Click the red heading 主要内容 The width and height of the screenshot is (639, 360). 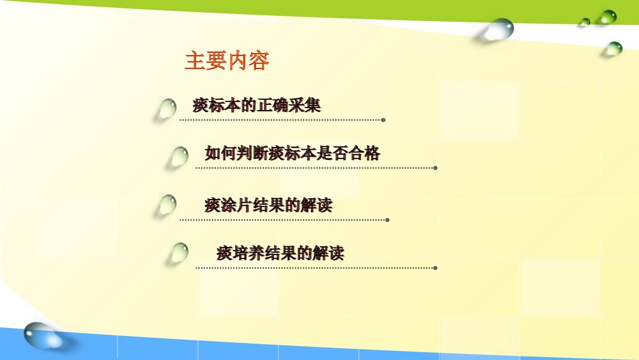(227, 61)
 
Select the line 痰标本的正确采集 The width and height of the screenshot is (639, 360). (256, 105)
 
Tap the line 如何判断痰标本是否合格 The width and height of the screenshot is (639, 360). (292, 153)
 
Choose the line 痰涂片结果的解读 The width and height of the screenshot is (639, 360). (268, 205)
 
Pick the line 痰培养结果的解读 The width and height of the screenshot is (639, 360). (281, 253)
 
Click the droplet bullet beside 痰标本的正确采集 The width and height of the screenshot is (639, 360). (167, 109)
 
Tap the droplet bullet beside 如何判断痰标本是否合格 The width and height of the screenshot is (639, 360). (179, 157)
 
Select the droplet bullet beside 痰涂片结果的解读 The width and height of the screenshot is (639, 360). (167, 205)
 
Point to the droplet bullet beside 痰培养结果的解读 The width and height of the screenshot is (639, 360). (178, 253)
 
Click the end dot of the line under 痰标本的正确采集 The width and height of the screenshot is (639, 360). (383, 120)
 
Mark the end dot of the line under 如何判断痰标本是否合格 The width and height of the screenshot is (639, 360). (435, 168)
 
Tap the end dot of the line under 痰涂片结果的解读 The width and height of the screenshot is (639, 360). (388, 219)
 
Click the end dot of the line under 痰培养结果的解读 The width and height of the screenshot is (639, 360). (435, 268)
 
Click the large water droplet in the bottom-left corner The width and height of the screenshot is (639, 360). (43, 335)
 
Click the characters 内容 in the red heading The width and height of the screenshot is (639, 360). (248, 61)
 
